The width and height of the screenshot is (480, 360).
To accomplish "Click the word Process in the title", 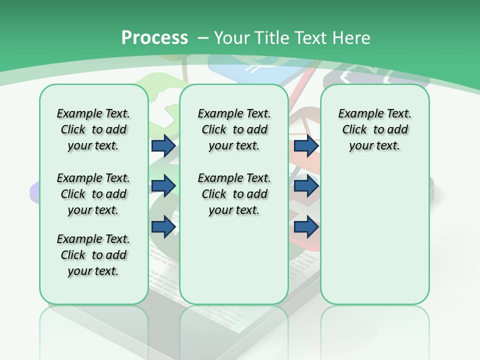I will pyautogui.click(x=154, y=38).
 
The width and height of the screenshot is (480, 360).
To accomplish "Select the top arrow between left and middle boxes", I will pyautogui.click(x=163, y=145).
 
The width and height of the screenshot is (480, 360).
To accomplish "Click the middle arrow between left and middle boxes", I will pyautogui.click(x=163, y=186).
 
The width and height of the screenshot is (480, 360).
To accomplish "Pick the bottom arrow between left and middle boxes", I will pyautogui.click(x=163, y=226).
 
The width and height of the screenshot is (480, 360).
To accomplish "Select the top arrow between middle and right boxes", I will pyautogui.click(x=306, y=145).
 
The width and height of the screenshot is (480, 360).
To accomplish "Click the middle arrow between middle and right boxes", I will pyautogui.click(x=306, y=186).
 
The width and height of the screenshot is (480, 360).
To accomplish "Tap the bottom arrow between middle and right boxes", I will pyautogui.click(x=306, y=226).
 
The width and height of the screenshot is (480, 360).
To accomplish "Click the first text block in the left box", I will pyautogui.click(x=93, y=129).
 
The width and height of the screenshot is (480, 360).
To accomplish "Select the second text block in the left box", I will pyautogui.click(x=93, y=194).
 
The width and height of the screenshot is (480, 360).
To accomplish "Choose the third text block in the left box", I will pyautogui.click(x=93, y=255).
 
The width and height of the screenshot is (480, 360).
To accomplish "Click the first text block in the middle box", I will pyautogui.click(x=234, y=129).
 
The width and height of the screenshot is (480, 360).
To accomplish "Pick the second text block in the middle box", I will pyautogui.click(x=234, y=194).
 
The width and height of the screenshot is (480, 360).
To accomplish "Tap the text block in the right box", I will pyautogui.click(x=374, y=129).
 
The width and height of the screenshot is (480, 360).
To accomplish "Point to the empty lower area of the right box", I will pyautogui.click(x=374, y=235).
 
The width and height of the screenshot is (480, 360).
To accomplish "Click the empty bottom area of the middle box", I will pyautogui.click(x=234, y=265).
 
